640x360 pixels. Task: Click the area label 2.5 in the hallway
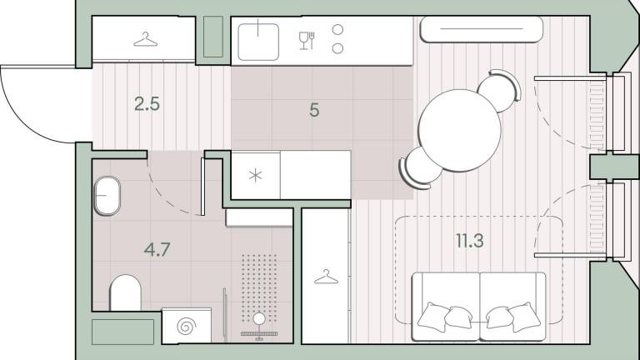[147, 104]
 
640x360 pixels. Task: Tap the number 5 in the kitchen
[314, 110]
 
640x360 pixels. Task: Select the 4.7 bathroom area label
[157, 249]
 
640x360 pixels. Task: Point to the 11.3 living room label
[470, 241]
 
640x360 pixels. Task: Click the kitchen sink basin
[258, 42]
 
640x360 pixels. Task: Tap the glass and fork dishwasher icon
[307, 40]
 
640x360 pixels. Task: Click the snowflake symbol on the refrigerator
[256, 176]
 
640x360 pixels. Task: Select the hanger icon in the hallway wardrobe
[146, 40]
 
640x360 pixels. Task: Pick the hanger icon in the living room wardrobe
[326, 277]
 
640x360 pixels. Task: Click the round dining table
[460, 130]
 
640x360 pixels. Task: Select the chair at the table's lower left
[420, 168]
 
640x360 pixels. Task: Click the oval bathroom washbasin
[107, 196]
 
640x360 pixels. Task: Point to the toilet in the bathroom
[125, 293]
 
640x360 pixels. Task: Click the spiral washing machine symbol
[186, 326]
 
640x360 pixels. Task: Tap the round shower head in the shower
[259, 319]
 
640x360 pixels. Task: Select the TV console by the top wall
[482, 29]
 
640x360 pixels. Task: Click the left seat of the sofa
[446, 306]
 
